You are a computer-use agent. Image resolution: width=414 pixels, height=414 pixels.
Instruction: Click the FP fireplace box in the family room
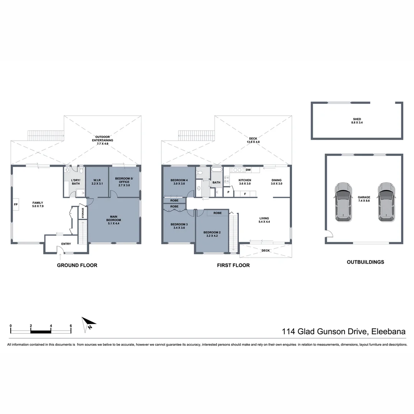coord(16,205)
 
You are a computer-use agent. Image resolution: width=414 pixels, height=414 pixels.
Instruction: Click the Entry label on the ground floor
coord(66,244)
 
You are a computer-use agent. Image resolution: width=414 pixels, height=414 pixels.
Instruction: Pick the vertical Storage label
coord(83,214)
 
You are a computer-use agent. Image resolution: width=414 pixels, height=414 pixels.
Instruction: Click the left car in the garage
coord(342,201)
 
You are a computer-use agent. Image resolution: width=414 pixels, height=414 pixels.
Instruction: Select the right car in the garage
coord(386,201)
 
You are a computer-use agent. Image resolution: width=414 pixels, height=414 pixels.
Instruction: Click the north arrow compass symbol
coord(88,324)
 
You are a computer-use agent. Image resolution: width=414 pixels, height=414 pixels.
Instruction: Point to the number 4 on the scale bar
coord(51,326)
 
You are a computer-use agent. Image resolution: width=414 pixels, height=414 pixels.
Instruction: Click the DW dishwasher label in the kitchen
coord(248,170)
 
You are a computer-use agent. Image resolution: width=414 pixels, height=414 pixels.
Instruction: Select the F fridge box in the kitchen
coord(245,194)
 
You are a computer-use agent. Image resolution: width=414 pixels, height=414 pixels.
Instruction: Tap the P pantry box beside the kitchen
coord(228,192)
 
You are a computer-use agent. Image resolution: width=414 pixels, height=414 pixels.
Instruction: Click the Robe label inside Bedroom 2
coord(217,213)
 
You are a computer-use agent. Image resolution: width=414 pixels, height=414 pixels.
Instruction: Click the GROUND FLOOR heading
coord(77,265)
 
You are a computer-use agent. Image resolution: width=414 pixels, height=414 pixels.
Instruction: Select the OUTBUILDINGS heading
coord(365,262)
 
